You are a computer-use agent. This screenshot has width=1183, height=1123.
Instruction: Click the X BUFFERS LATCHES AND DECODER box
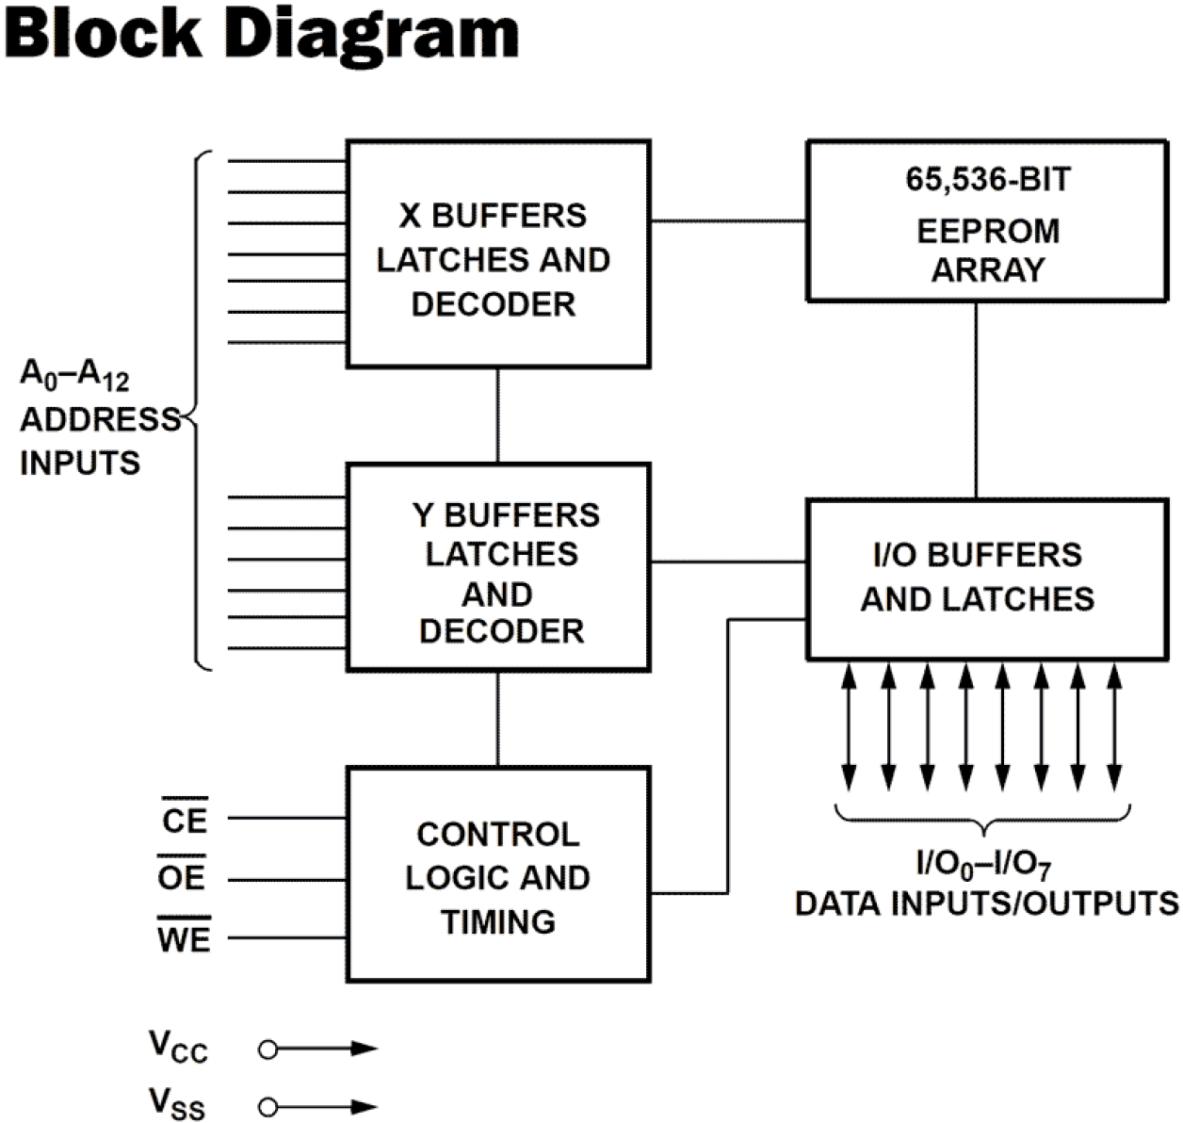497,254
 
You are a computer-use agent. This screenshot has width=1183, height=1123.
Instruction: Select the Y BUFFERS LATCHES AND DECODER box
497,567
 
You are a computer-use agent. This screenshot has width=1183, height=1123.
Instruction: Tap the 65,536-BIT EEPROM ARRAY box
986,221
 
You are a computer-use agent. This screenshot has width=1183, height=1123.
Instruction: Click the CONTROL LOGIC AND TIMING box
497,875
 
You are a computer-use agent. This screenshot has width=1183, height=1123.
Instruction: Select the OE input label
182,877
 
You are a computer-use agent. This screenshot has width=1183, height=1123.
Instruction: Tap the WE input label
184,937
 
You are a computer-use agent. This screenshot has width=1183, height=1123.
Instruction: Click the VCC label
178,1047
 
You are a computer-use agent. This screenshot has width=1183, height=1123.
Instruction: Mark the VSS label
177,1103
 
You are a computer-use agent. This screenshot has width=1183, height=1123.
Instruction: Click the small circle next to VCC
267,1049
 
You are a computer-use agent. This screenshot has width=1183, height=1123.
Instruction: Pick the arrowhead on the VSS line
365,1107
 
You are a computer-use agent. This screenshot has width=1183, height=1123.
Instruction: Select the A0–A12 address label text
74,376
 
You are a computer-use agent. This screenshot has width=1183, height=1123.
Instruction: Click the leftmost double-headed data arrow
849,725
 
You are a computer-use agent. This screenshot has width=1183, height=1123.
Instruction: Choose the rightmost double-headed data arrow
1115,725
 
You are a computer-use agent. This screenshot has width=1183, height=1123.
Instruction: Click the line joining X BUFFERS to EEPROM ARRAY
728,221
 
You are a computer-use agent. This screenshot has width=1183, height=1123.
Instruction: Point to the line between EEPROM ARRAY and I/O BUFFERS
976,400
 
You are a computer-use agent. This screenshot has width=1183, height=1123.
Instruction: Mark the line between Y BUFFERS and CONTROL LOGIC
497,719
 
